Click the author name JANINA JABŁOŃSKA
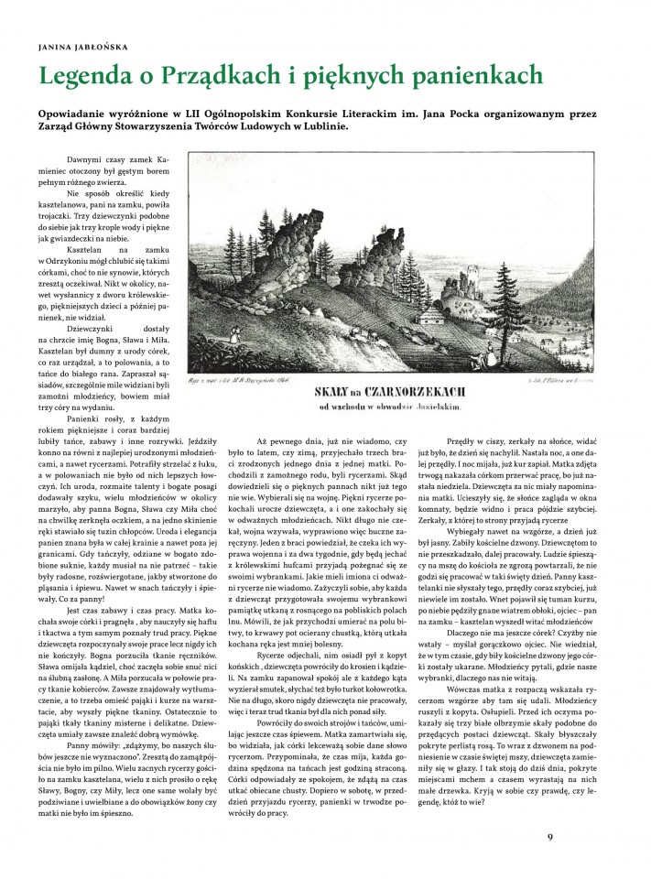(x=80, y=42)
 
